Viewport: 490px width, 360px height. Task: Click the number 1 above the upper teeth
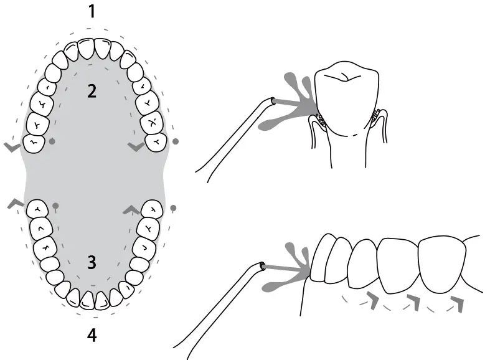(92, 12)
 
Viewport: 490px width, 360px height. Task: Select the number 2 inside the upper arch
(92, 92)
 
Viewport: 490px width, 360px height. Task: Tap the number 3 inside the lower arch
(92, 262)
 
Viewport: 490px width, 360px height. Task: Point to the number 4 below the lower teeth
(92, 336)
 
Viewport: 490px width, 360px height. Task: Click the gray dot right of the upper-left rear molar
(52, 141)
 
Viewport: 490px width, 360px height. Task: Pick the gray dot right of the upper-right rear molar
(175, 141)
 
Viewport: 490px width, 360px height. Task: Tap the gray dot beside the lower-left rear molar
(55, 205)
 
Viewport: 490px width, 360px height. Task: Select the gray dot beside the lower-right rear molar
(173, 207)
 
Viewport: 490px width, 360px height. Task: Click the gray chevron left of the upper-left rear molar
(12, 146)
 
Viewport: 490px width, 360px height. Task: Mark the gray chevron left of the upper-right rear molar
(135, 146)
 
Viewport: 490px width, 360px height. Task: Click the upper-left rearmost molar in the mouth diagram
(34, 143)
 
